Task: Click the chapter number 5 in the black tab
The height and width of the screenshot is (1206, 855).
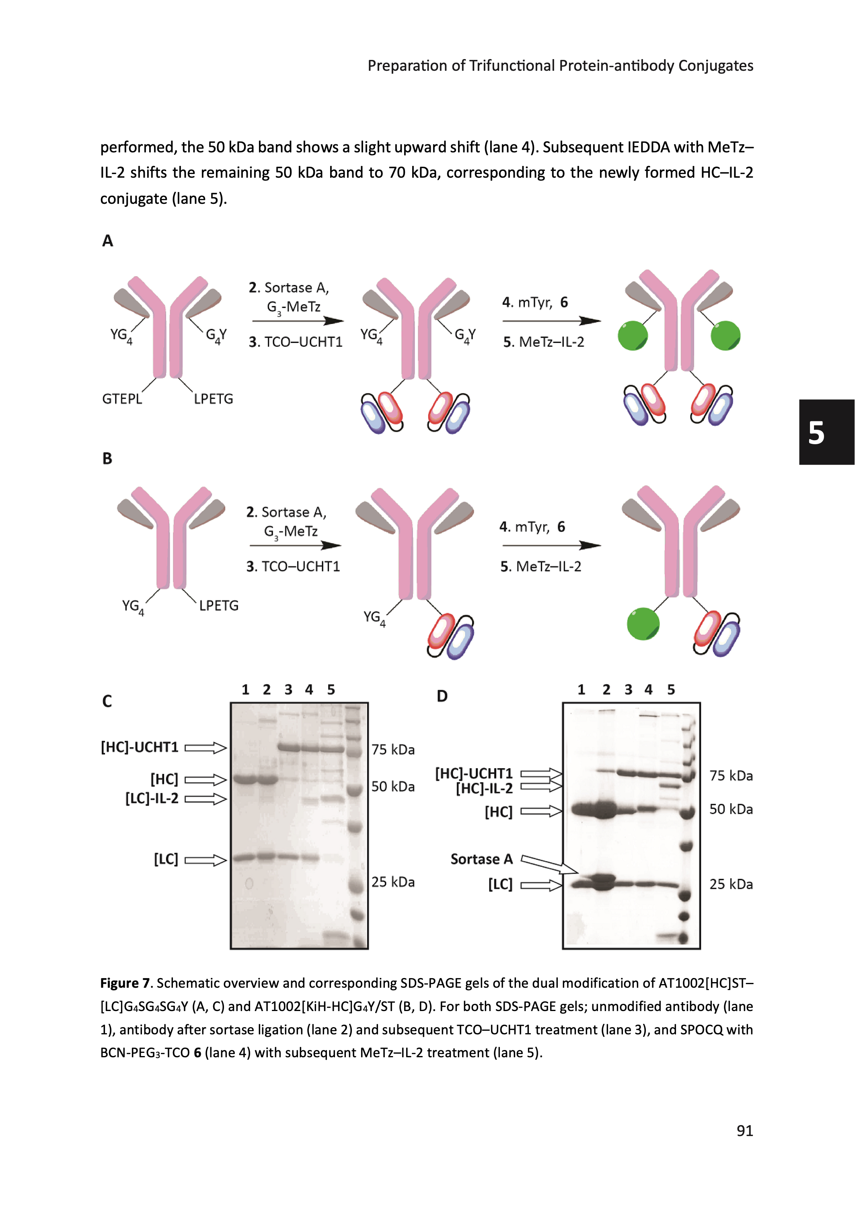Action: pos(816,433)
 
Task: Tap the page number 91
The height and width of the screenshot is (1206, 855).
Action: pos(744,1130)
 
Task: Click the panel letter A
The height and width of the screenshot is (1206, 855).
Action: pos(107,240)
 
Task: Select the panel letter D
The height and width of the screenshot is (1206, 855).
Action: pos(442,696)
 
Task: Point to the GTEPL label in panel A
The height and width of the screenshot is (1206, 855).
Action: pos(122,399)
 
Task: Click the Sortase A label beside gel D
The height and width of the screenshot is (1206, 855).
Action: pos(481,859)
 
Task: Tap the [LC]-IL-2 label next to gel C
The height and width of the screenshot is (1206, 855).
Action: pos(152,799)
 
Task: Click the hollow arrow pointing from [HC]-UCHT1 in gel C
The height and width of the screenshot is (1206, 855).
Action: pos(206,748)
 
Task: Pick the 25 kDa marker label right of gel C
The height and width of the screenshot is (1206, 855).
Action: pos(393,882)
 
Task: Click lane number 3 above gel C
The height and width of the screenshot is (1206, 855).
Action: pos(288,690)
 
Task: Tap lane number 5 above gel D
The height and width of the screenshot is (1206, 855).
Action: pos(671,690)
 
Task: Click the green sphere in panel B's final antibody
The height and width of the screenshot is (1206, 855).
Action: pos(643,624)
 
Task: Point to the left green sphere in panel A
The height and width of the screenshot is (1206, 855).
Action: pos(632,335)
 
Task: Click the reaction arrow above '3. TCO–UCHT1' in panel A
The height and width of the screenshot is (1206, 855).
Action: pos(298,321)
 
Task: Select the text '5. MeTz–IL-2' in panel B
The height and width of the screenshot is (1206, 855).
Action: pos(541,567)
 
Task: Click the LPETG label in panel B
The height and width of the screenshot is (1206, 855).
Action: pos(218,606)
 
